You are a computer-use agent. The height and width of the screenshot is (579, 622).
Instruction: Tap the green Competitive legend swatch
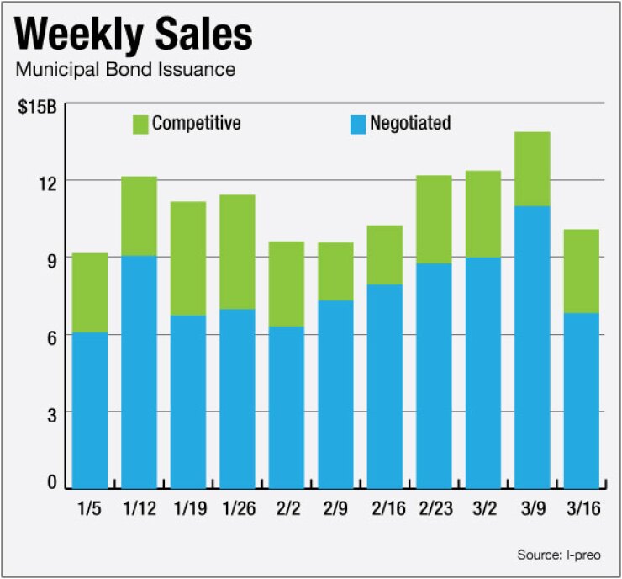pos(139,125)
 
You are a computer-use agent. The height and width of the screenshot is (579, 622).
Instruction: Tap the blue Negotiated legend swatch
pos(356,125)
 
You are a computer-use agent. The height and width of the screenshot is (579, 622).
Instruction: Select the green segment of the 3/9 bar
pos(532,168)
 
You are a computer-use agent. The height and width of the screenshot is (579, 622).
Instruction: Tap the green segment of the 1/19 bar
pos(187,258)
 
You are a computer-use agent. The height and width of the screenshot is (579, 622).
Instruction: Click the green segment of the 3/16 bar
pos(581,271)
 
